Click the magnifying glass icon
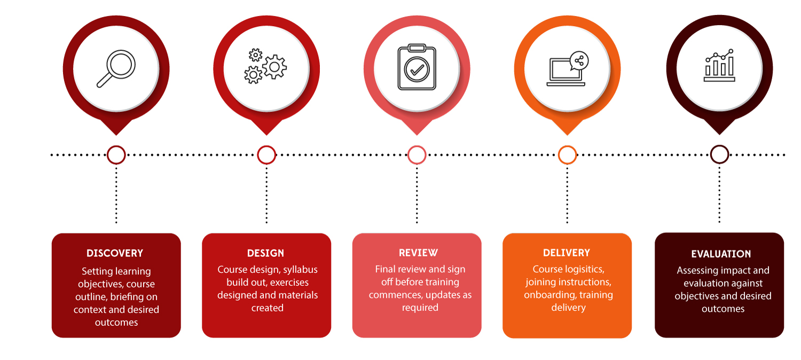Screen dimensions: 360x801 (116, 68)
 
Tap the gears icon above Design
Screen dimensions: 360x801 (266, 66)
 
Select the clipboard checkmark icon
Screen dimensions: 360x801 (417, 67)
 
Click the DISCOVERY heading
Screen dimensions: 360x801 (115, 253)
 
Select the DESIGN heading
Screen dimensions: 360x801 (265, 253)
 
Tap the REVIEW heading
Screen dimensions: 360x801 (418, 253)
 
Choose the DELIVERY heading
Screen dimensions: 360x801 (567, 253)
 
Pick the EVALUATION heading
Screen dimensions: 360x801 (721, 254)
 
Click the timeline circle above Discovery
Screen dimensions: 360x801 (116, 155)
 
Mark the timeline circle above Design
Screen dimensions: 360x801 (266, 155)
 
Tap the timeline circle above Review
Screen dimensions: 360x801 (417, 155)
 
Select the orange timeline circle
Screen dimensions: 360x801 (567, 155)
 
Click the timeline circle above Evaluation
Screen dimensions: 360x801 (719, 155)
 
